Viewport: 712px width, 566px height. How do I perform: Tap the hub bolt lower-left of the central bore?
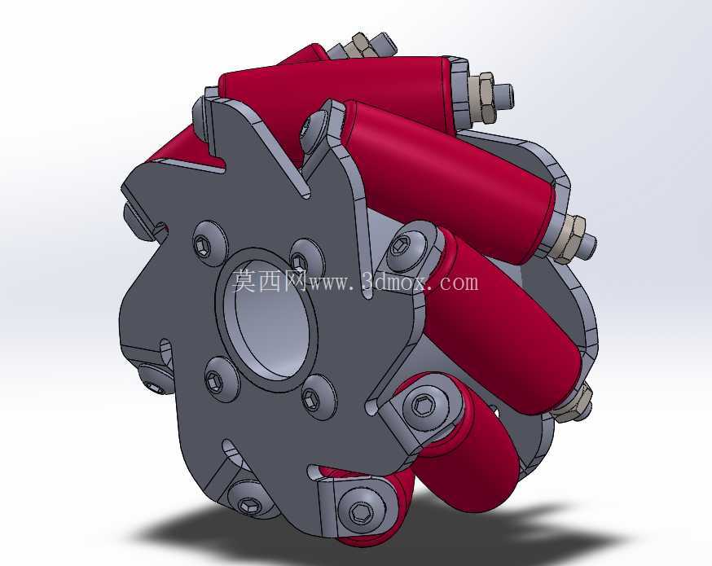point(215,380)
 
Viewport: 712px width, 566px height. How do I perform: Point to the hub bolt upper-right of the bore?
point(300,261)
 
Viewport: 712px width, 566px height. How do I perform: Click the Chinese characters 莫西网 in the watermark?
point(270,282)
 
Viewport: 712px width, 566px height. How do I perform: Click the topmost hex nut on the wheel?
point(358,46)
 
